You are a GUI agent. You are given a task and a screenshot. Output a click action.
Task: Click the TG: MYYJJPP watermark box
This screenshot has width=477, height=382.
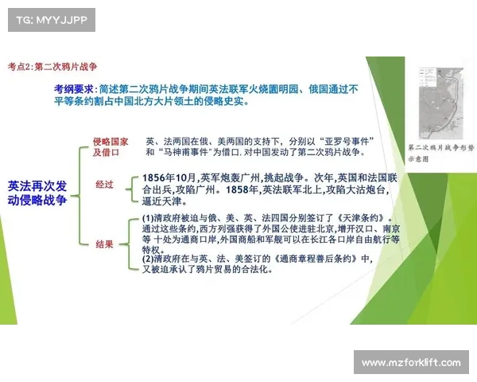click(x=50, y=18)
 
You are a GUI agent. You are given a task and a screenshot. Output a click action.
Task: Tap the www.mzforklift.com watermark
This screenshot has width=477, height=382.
click(x=409, y=363)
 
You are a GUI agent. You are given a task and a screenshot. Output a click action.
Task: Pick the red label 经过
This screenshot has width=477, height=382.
click(x=104, y=185)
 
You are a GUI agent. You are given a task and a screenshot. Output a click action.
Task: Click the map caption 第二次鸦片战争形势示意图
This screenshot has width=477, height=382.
click(x=435, y=153)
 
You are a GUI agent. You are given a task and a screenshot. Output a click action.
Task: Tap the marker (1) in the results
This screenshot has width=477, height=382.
click(x=148, y=217)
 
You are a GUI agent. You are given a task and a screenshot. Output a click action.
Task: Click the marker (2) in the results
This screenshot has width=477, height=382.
click(x=148, y=258)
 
